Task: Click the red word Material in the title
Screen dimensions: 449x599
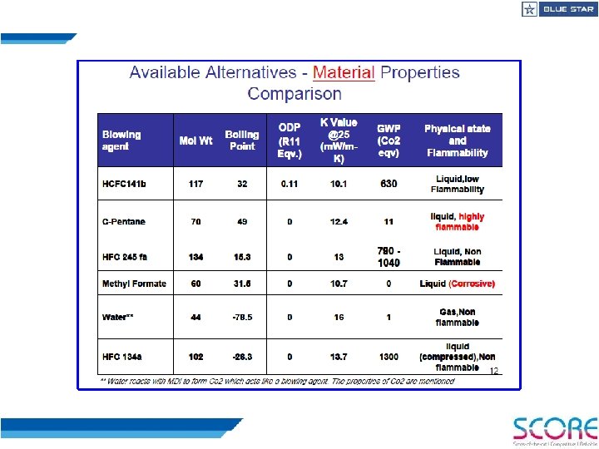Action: point(344,72)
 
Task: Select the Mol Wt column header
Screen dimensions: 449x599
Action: point(196,141)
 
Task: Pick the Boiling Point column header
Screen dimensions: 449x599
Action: point(242,140)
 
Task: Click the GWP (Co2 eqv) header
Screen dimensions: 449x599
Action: point(389,141)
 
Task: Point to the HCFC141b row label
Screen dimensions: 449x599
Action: point(124,184)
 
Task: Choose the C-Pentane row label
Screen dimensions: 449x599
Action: point(124,222)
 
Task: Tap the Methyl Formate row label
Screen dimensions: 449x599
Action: point(134,284)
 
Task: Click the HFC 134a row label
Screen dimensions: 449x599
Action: point(122,357)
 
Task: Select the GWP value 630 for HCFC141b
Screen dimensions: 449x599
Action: point(389,184)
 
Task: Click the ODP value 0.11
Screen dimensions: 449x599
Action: point(290,184)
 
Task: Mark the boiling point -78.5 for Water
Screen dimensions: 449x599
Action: point(242,317)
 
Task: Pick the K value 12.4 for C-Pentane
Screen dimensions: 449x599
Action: point(339,222)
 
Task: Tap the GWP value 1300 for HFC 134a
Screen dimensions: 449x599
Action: point(389,357)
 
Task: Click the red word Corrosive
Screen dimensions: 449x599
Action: point(472,284)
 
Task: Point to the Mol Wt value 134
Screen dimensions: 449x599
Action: point(196,257)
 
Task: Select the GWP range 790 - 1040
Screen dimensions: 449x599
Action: point(389,256)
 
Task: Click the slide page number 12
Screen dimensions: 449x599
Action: point(493,371)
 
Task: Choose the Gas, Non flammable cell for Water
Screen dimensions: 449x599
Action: point(457,317)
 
